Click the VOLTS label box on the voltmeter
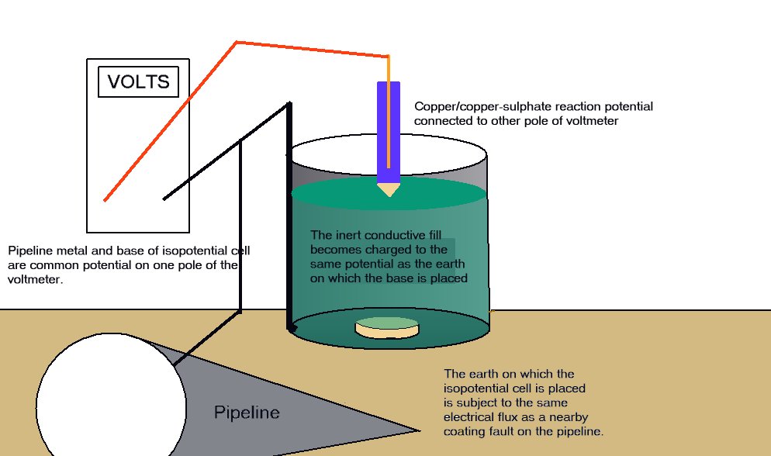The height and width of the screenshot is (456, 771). [x=138, y=81]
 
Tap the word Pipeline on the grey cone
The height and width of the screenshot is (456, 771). [x=247, y=413]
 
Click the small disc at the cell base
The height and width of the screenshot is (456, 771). [x=386, y=328]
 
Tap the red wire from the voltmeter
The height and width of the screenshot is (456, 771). [x=171, y=120]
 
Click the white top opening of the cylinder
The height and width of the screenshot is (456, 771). [x=388, y=157]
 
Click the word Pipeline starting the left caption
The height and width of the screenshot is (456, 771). [x=29, y=251]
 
